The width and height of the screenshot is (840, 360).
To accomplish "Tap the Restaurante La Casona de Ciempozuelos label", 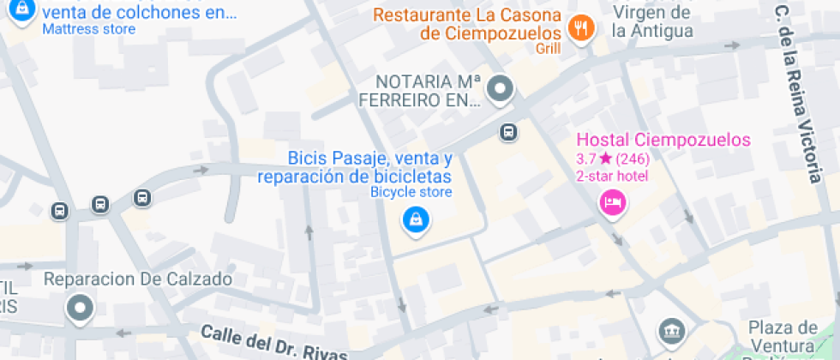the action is click(468, 25).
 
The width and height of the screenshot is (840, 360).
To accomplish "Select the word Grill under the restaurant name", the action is click(549, 49).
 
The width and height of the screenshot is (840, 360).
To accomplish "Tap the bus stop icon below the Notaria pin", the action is click(508, 132).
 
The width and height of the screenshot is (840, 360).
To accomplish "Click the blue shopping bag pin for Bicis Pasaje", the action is click(416, 219).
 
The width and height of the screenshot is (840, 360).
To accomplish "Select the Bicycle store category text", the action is click(411, 192).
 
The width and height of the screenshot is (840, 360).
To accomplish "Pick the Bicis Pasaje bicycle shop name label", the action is click(356, 168).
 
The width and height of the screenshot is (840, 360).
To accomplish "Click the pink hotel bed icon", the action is click(613, 203).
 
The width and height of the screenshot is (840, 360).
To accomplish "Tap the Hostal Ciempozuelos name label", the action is click(663, 140).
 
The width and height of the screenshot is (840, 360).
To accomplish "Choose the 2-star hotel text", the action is click(612, 176).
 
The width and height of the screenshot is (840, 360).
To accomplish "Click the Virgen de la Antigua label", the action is click(651, 22).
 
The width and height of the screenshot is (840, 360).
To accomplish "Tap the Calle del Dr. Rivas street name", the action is click(274, 342).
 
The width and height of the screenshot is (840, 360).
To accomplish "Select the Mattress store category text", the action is click(89, 29).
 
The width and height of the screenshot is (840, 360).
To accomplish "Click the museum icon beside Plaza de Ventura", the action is click(670, 331).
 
